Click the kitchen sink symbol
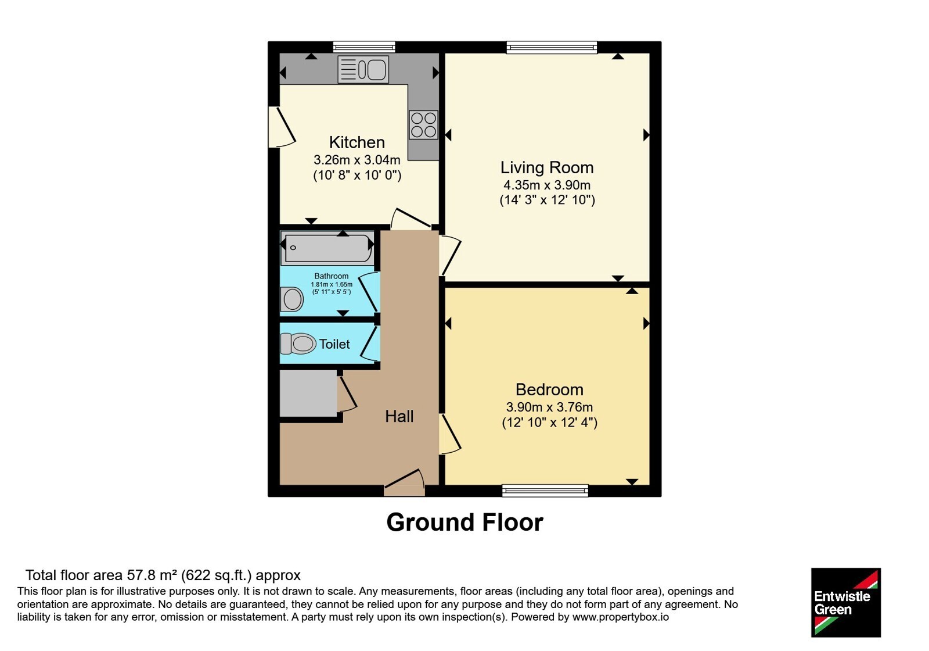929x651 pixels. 363,69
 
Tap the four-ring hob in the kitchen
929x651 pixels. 423,124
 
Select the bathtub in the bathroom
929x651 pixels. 327,248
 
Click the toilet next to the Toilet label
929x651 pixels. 298,344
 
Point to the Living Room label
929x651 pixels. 547,167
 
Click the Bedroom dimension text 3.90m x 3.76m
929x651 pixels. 549,407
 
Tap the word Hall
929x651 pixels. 399,416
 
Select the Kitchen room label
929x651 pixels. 357,142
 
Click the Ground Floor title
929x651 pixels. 464,522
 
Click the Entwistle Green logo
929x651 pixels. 846,602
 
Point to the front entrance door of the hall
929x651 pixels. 404,483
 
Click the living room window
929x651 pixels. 552,47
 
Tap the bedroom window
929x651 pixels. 545,491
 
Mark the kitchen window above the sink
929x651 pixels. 364,47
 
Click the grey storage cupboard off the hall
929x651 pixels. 308,393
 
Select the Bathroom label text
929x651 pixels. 332,276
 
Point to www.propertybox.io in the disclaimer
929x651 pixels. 621,617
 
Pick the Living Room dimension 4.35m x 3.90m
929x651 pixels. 547,185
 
